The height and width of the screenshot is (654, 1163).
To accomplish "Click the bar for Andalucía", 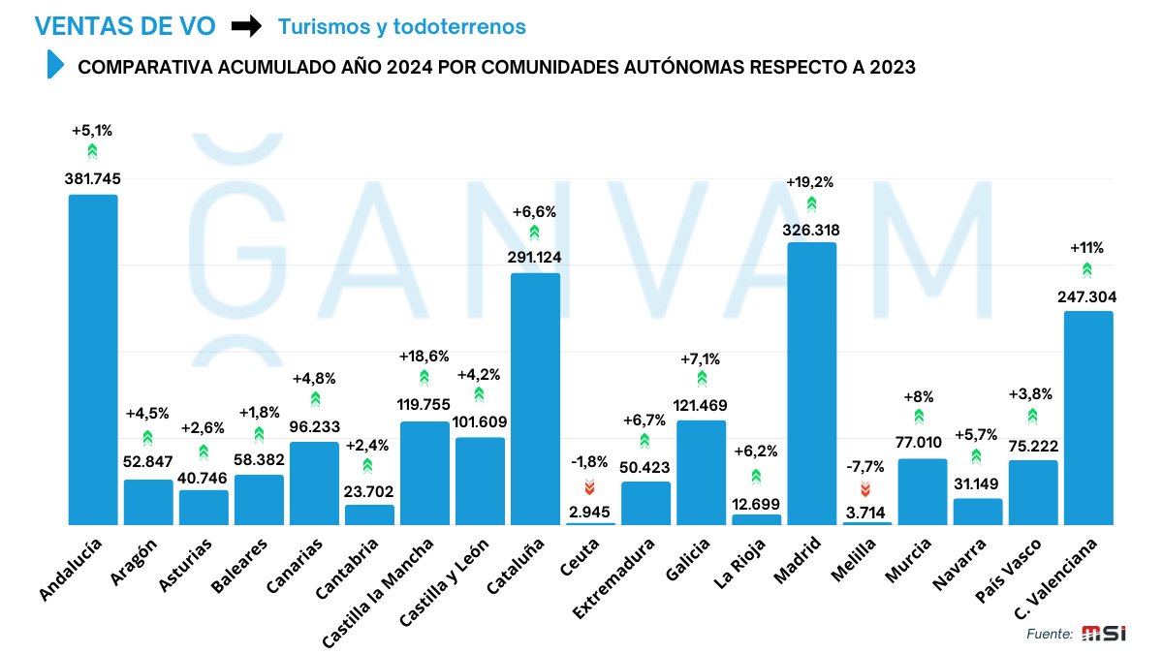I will click(x=92, y=359).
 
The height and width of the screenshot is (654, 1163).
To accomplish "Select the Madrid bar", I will click(x=811, y=383).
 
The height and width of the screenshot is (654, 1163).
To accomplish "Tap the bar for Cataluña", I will click(x=535, y=398).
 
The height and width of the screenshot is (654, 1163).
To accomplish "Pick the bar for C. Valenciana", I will click(x=1087, y=418).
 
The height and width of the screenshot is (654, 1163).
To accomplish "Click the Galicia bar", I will click(x=701, y=472).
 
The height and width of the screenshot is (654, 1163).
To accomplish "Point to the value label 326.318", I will click(x=811, y=230).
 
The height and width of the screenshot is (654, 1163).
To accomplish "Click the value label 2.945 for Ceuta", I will click(x=590, y=510).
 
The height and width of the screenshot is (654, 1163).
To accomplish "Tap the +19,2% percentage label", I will click(x=809, y=182).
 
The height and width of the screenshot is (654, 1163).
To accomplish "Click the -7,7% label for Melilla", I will click(x=864, y=467).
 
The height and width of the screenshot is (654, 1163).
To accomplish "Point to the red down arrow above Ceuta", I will click(x=589, y=486).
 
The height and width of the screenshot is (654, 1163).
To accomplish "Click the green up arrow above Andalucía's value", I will click(x=92, y=152).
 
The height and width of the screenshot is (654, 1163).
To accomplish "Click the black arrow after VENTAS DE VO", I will click(x=246, y=27).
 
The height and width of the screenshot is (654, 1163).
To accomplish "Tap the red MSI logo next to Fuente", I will click(x=1104, y=634).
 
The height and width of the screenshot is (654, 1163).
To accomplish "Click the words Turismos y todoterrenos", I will click(x=401, y=27).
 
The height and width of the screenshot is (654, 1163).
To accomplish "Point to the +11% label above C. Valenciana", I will click(x=1086, y=247).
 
